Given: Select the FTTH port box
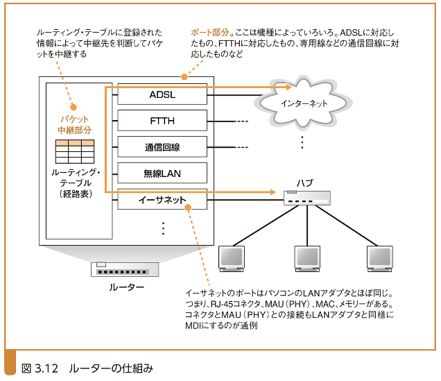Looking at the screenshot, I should (162, 121).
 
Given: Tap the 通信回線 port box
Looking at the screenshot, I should (162, 147).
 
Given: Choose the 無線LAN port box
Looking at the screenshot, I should (162, 173).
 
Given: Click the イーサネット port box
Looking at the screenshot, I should (162, 200).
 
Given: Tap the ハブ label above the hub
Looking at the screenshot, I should (304, 183).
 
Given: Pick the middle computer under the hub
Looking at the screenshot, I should (306, 257).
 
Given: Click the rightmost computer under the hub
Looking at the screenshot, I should (379, 257).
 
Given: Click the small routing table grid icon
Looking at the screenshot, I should (75, 151).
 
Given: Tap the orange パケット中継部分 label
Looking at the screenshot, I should (75, 125).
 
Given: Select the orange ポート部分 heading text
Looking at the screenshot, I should (210, 33).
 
